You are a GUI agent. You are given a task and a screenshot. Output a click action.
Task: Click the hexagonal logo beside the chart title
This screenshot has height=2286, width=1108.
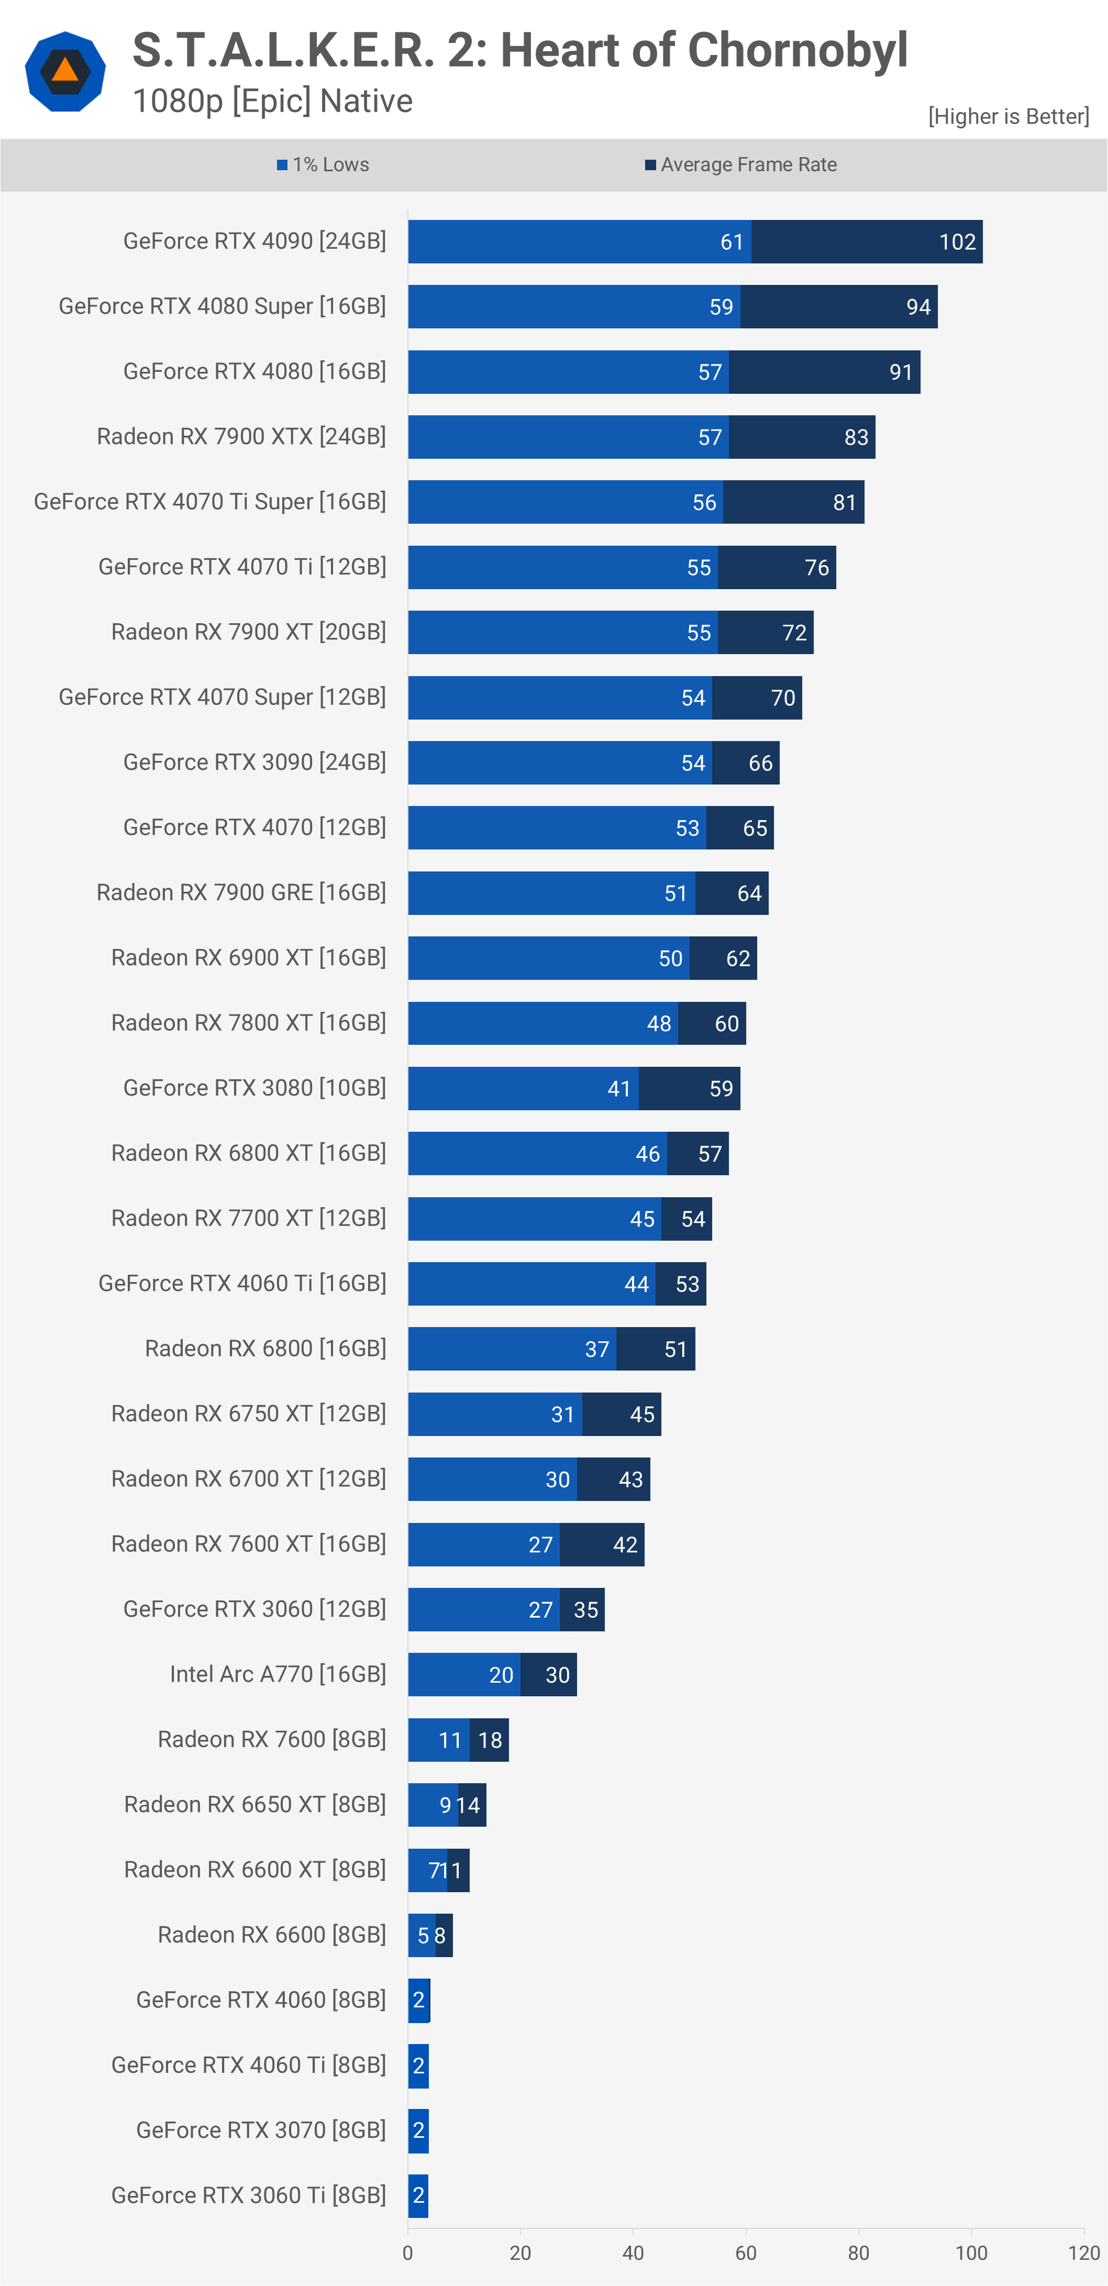[x=65, y=71]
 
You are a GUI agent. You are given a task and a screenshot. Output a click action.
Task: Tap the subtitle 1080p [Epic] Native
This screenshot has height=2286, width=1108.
[x=272, y=101]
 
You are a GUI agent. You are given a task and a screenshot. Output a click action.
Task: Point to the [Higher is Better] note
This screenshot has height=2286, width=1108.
[x=1008, y=116]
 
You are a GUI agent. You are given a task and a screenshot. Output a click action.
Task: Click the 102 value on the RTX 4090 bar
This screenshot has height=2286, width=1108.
[x=957, y=242]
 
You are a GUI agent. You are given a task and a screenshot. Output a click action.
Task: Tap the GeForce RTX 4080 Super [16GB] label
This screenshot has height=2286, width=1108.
[x=222, y=306]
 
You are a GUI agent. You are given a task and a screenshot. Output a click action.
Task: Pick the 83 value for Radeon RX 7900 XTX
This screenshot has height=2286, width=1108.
[x=856, y=437]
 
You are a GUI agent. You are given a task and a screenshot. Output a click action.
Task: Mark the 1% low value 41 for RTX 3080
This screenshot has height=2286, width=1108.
[x=619, y=1089]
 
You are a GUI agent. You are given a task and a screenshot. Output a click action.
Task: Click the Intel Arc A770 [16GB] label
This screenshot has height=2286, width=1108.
[x=278, y=1674]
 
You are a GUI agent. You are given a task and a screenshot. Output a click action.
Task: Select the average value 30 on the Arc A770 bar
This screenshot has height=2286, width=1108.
[x=557, y=1675]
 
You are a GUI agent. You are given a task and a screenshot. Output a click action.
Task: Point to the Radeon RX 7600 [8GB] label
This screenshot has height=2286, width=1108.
[x=271, y=1739]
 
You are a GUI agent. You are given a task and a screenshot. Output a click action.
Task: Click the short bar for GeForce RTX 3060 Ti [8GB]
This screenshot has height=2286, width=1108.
[x=418, y=2195]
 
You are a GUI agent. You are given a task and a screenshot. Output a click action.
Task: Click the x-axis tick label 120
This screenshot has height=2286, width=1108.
[x=1084, y=2252]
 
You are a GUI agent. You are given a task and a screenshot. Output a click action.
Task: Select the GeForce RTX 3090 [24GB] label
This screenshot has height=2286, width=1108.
[x=254, y=763]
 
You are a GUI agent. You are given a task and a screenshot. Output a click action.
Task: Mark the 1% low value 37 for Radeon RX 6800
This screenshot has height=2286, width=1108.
[x=597, y=1350]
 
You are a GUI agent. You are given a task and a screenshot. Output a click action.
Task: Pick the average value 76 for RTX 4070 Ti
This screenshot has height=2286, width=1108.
[x=817, y=568]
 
